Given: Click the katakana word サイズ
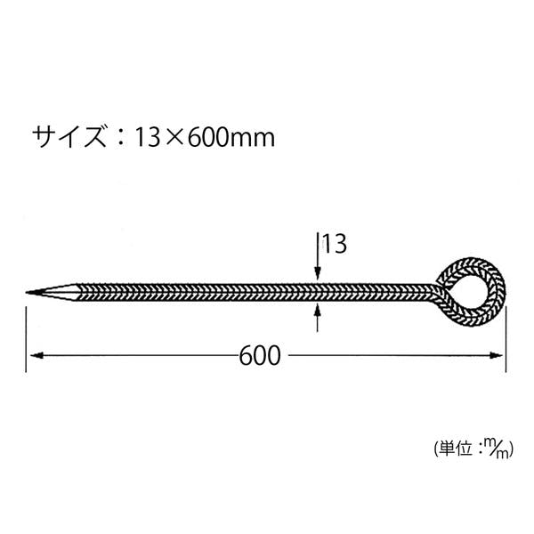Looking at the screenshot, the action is tap(69, 136).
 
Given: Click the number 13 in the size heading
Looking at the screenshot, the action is tap(147, 137).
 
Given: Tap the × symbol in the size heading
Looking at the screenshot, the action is tap(174, 138).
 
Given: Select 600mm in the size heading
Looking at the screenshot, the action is tap(231, 137).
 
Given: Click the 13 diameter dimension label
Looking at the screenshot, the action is tap(335, 244).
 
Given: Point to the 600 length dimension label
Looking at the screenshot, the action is tap(260, 355).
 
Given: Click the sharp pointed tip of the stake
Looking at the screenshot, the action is tap(27, 292).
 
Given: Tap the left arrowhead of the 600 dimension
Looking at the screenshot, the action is tap(36, 355).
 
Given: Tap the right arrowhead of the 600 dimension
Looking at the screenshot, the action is tap(496, 355).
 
